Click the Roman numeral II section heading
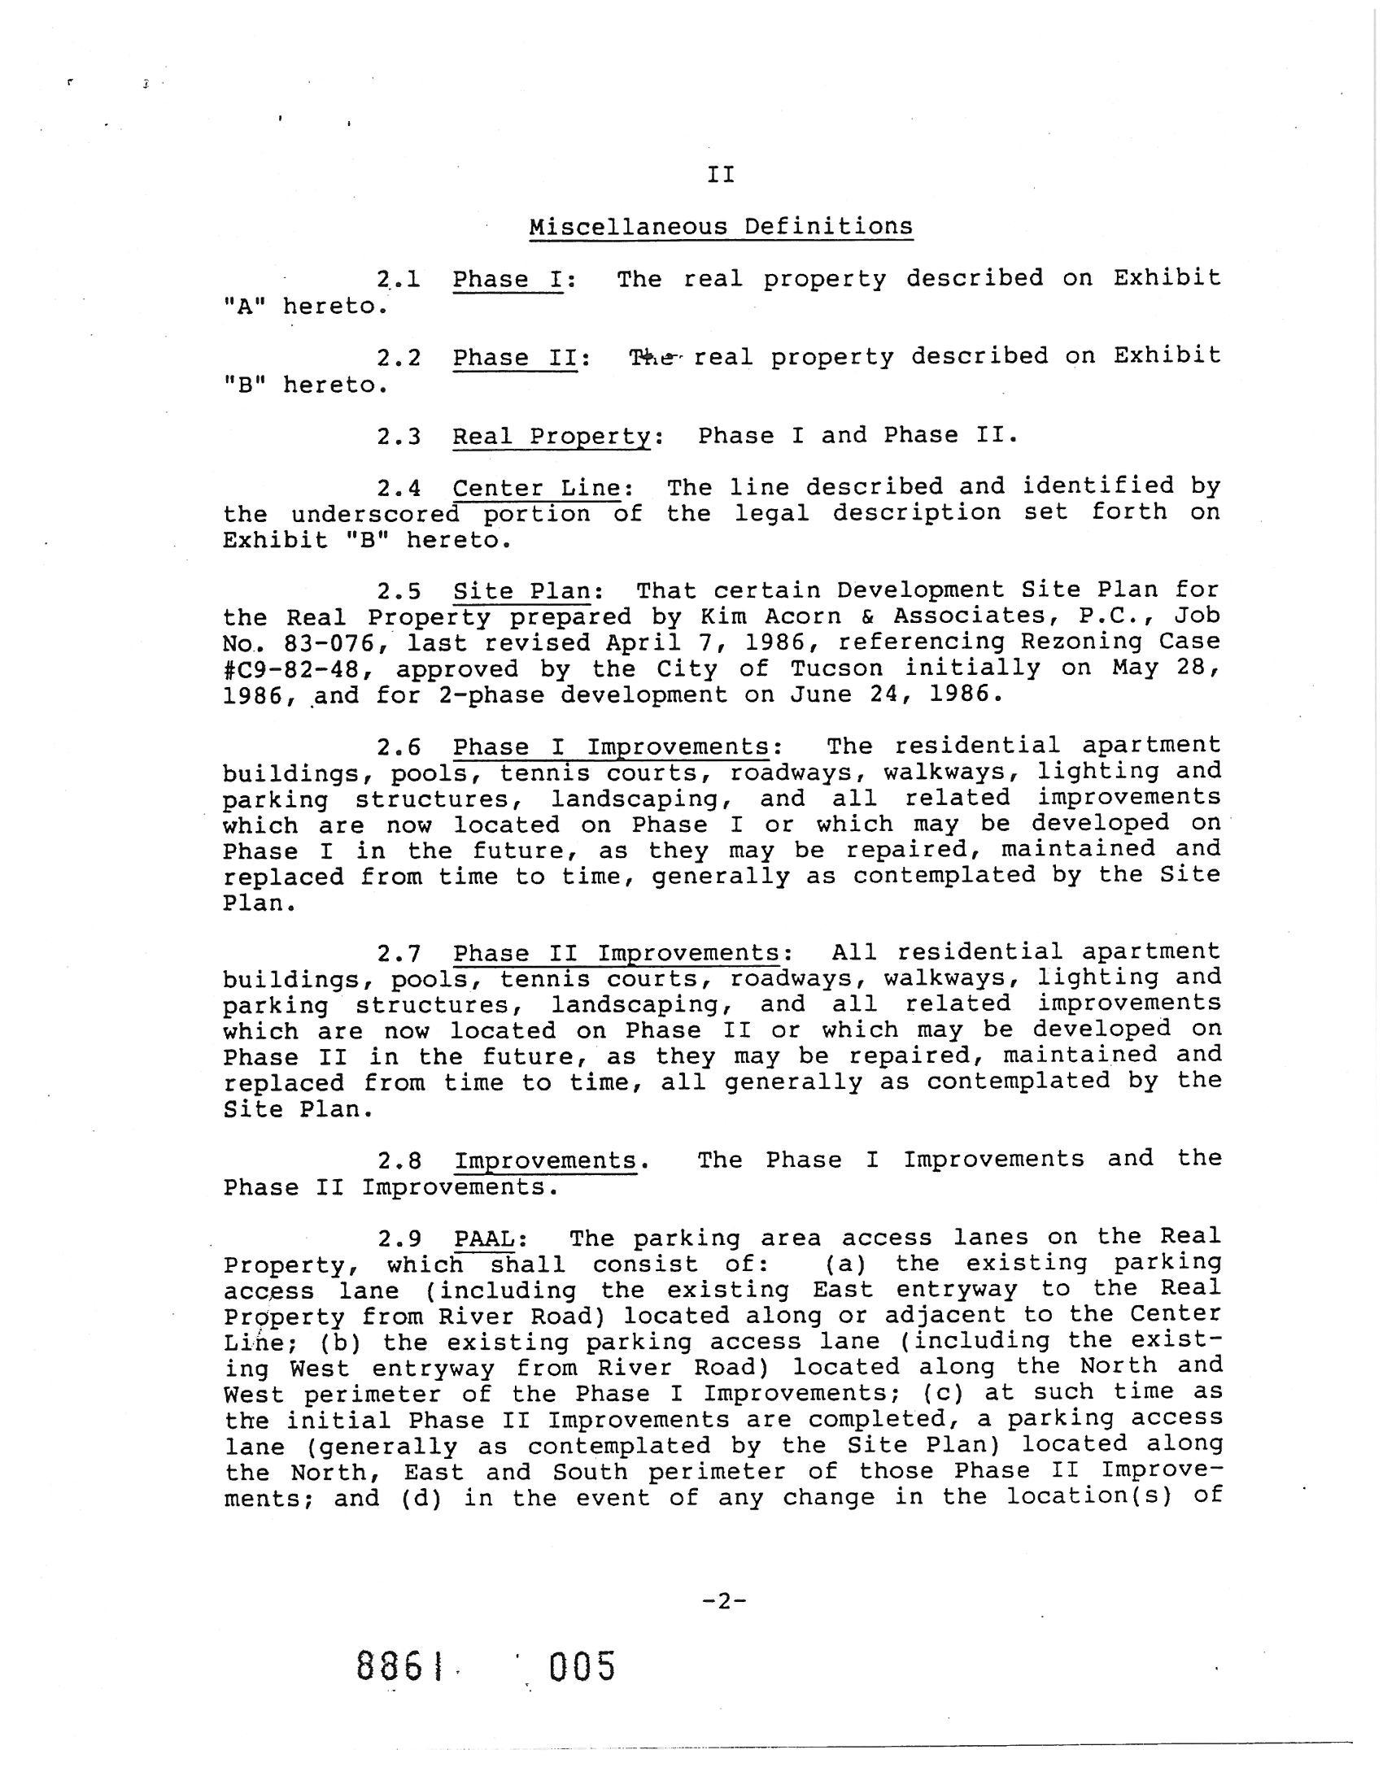click(x=720, y=175)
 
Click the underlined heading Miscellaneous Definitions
click(x=720, y=226)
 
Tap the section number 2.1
click(x=398, y=279)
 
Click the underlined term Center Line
click(x=537, y=487)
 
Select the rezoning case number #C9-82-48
click(x=298, y=669)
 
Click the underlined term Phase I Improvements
click(x=610, y=747)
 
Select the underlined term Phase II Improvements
click(x=615, y=953)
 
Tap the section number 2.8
click(x=398, y=1160)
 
